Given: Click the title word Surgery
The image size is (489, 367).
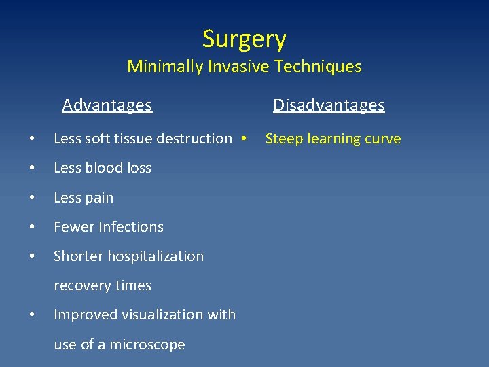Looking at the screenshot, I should (244, 39).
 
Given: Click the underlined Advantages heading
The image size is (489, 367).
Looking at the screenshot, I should (107, 105).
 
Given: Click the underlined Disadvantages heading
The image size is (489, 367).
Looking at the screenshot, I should (329, 105).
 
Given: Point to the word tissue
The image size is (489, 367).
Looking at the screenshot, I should (135, 139).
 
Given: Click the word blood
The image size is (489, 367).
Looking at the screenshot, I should (103, 168).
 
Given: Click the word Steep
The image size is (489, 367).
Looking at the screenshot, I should (283, 139).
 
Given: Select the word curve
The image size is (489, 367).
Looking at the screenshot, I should (382, 139).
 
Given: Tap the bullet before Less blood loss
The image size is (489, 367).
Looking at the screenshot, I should (32, 168).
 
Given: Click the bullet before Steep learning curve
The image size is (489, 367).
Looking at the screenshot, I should (242, 139).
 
